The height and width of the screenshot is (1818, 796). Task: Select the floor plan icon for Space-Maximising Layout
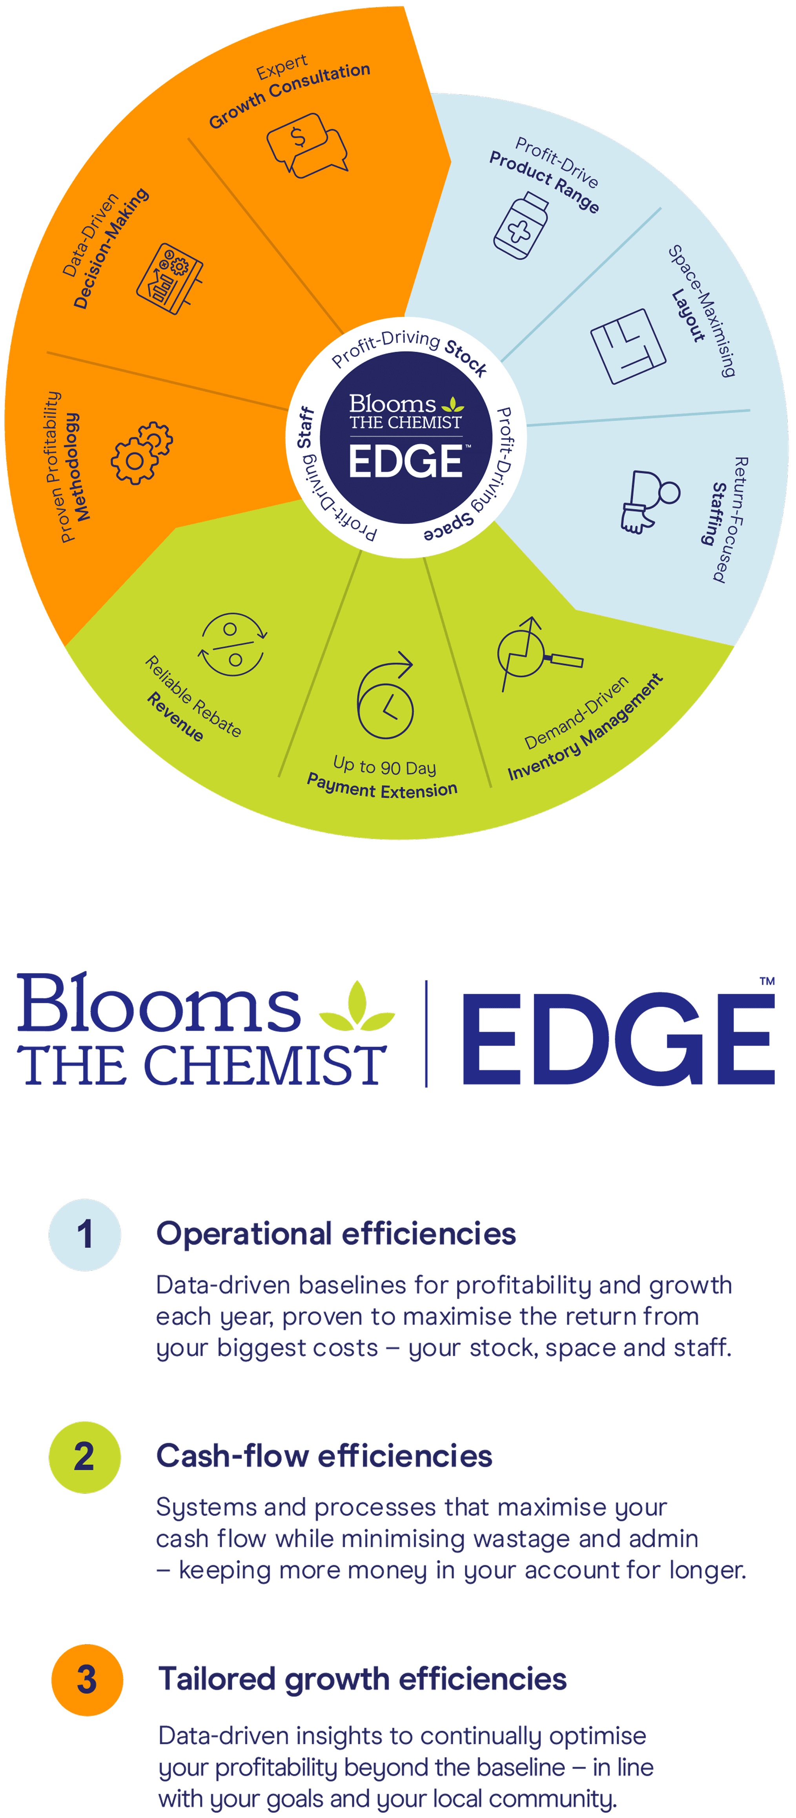pos(627,346)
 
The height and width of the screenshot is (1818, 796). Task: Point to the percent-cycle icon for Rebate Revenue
pos(232,645)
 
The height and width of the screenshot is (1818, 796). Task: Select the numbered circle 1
pos(85,1235)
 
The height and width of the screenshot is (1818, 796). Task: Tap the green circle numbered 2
pos(85,1457)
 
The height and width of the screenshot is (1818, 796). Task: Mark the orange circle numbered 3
pos(87,1680)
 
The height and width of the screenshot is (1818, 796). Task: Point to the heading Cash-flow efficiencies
pos(324,1457)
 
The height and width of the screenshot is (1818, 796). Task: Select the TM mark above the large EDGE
pos(767,980)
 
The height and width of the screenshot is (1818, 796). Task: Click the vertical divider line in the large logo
pos(426,1033)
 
